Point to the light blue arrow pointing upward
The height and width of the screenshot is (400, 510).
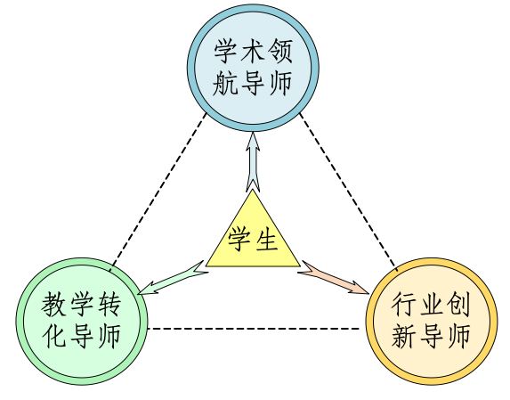coord(253,161)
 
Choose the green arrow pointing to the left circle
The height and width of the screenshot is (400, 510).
coord(173,278)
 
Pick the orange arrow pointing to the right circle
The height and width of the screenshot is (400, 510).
coord(334,277)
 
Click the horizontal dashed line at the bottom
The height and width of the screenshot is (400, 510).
coord(254,329)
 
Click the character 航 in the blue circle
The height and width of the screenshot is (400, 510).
coord(225,83)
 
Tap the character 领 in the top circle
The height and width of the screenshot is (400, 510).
coord(280,51)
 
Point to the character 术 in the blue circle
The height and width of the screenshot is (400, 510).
coord(253,51)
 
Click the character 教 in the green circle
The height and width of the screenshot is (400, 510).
coord(54,305)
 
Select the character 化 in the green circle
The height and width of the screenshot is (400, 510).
coord(54,336)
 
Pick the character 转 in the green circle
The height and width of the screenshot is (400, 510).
coord(109,305)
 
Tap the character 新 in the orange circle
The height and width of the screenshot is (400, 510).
coord(404,336)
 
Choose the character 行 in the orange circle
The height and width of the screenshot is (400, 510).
coord(404,305)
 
